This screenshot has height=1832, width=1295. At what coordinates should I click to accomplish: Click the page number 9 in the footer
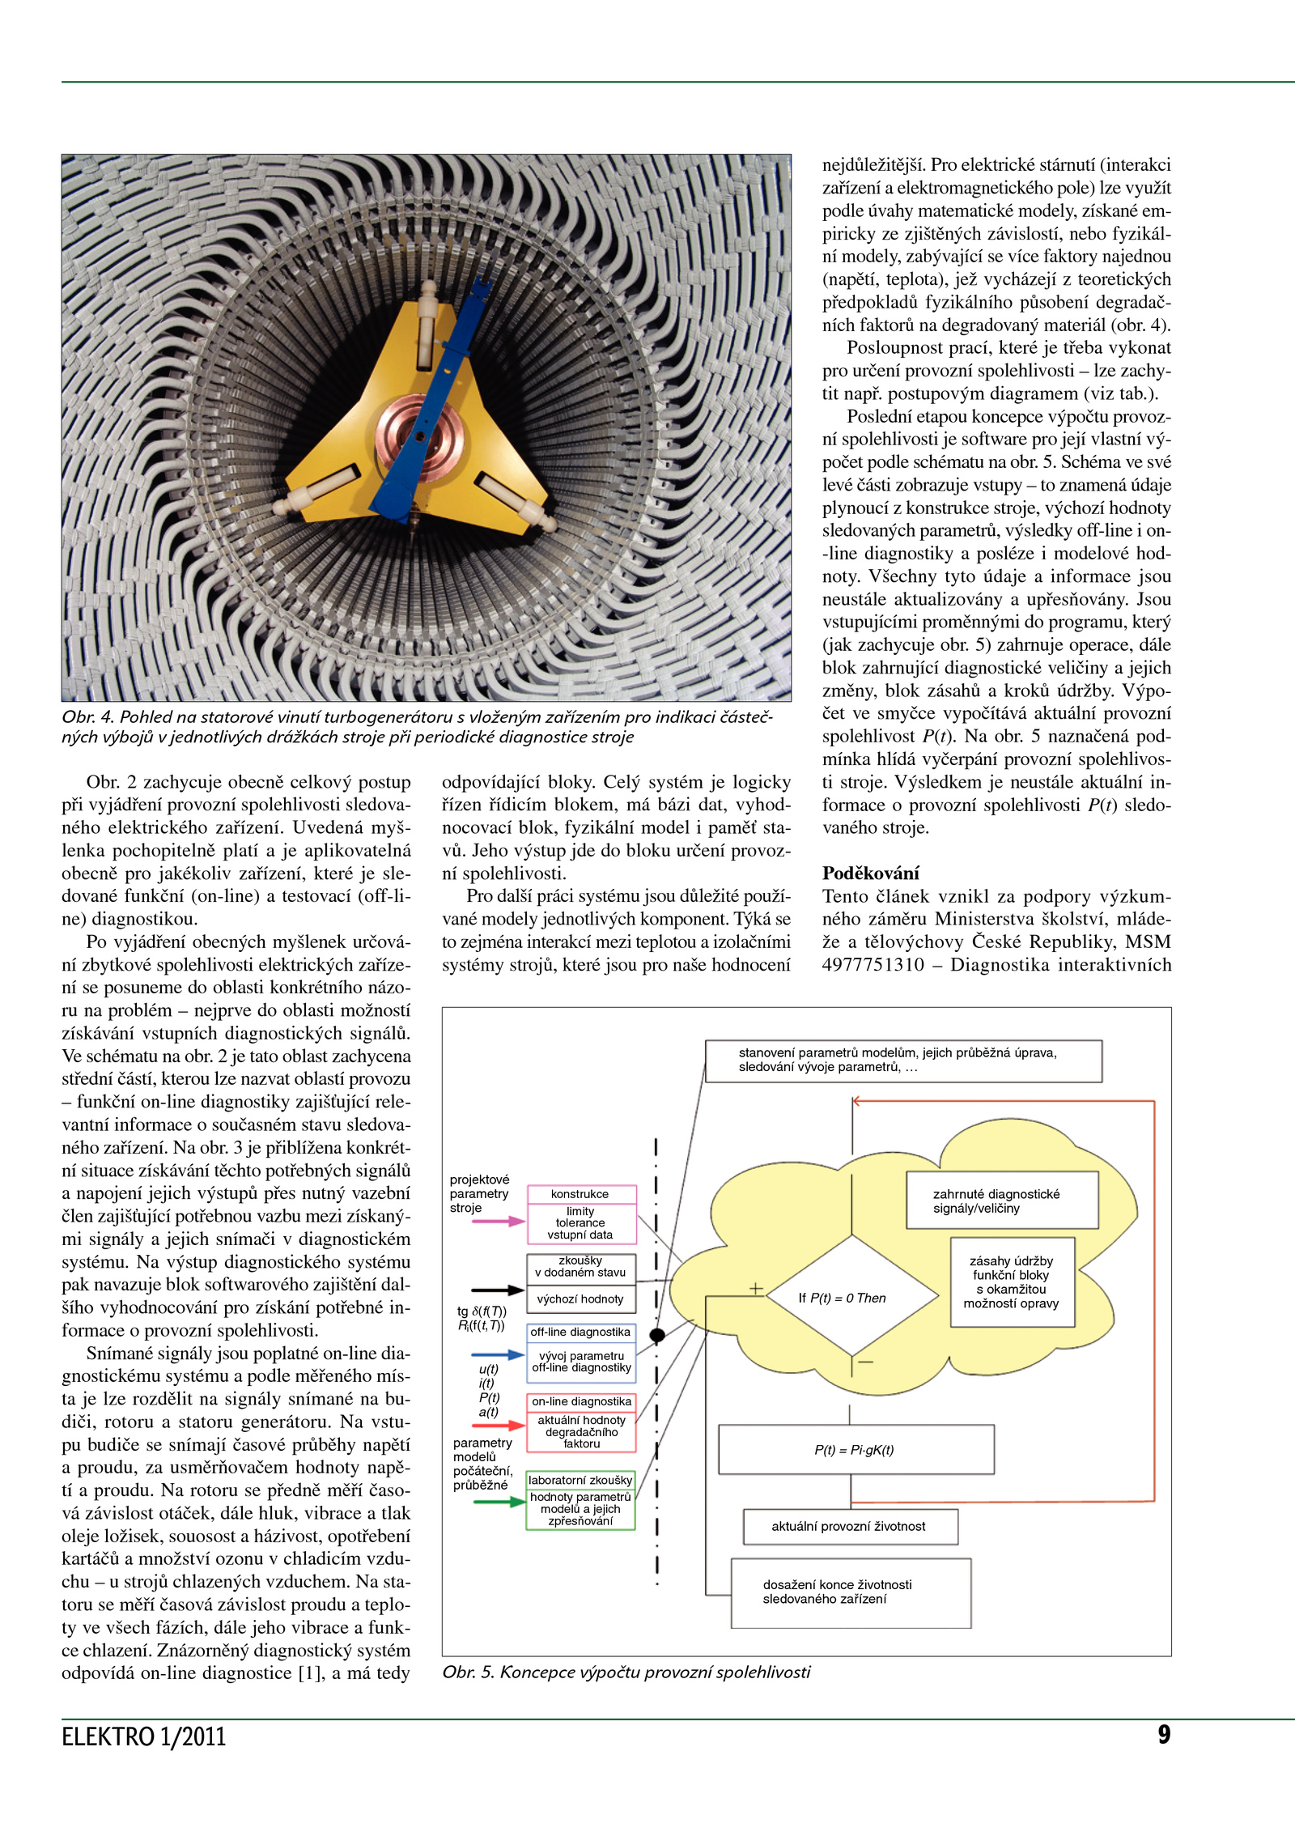pyautogui.click(x=1163, y=1734)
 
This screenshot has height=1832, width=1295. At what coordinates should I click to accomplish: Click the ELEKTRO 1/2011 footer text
pyautogui.click(x=143, y=1736)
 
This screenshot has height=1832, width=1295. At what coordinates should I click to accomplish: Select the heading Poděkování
pyautogui.click(x=870, y=873)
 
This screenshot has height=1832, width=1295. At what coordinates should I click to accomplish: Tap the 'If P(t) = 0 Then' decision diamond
pyautogui.click(x=851, y=1298)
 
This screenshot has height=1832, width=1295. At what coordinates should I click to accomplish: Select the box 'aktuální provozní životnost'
pyautogui.click(x=850, y=1526)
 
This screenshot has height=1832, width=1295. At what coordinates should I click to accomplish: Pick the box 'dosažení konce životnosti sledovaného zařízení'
pyautogui.click(x=851, y=1592)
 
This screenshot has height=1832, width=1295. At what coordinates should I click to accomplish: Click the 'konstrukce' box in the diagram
pyautogui.click(x=580, y=1194)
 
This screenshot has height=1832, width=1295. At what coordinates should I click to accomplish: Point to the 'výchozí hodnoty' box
pyautogui.click(x=580, y=1299)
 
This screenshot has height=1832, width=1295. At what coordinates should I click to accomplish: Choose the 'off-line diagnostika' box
pyautogui.click(x=580, y=1332)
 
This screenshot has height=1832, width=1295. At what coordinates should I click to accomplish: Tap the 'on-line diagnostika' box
pyautogui.click(x=581, y=1401)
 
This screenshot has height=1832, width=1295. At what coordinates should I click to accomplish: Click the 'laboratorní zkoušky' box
pyautogui.click(x=580, y=1480)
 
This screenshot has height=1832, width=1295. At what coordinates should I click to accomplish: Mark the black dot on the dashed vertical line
pyautogui.click(x=657, y=1335)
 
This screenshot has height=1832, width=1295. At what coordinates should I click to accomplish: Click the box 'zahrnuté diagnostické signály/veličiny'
pyautogui.click(x=1002, y=1201)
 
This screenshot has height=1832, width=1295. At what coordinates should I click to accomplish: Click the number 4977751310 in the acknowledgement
pyautogui.click(x=873, y=964)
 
